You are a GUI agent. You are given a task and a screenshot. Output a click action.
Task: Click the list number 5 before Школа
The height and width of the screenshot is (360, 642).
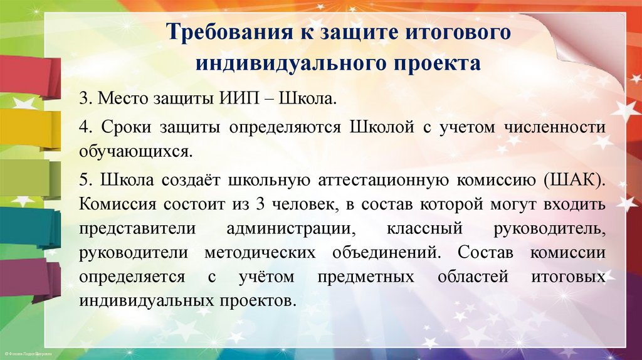coord(83,181)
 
